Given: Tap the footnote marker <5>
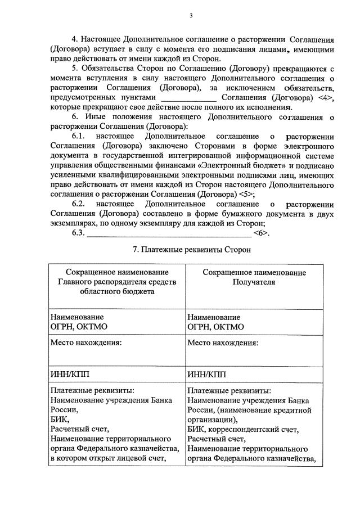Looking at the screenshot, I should tap(245, 194).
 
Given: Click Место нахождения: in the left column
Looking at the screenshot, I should tap(86, 342).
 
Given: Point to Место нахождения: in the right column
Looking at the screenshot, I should tap(223, 342).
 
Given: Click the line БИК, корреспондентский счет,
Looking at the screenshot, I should tap(243, 429).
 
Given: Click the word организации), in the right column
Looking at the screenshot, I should tap(213, 419).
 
